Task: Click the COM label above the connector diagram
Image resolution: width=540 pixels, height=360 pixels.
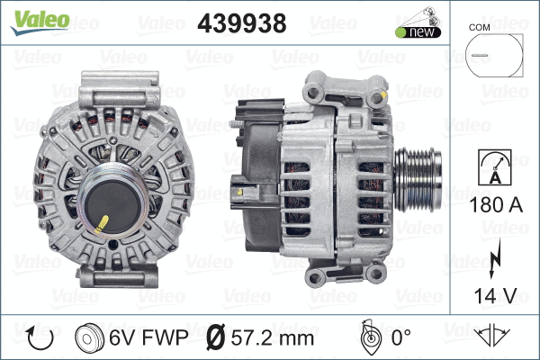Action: coord(481,29)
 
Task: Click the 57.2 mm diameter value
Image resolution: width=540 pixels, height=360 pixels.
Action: coord(273,338)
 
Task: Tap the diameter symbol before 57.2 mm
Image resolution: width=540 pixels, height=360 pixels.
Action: coord(215,338)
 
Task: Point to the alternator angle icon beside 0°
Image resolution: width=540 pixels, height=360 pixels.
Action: coord(368,337)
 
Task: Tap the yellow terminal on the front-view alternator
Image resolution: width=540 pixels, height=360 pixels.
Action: coord(103,220)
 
